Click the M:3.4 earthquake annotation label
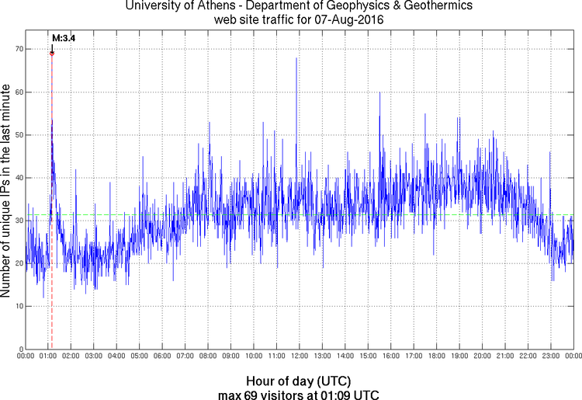point(64,37)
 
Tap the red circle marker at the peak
point(51,53)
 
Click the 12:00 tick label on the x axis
point(299,357)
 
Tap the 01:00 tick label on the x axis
point(47,357)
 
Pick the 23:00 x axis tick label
point(550,357)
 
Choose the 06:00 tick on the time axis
point(161,357)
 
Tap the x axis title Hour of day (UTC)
point(299,381)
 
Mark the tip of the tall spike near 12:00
point(296,57)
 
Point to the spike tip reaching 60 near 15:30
point(379,92)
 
